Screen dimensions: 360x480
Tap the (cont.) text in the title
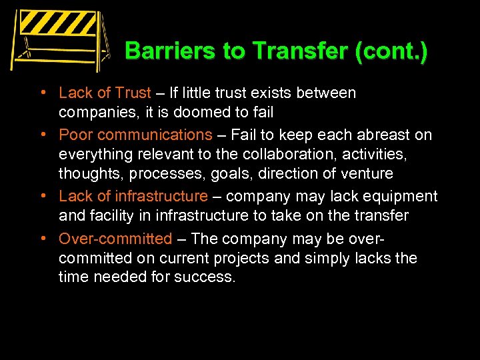391,51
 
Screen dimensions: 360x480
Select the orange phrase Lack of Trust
105,93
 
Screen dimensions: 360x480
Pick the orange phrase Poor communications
135,135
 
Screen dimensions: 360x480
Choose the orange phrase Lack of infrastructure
133,196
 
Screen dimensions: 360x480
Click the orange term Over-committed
115,238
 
